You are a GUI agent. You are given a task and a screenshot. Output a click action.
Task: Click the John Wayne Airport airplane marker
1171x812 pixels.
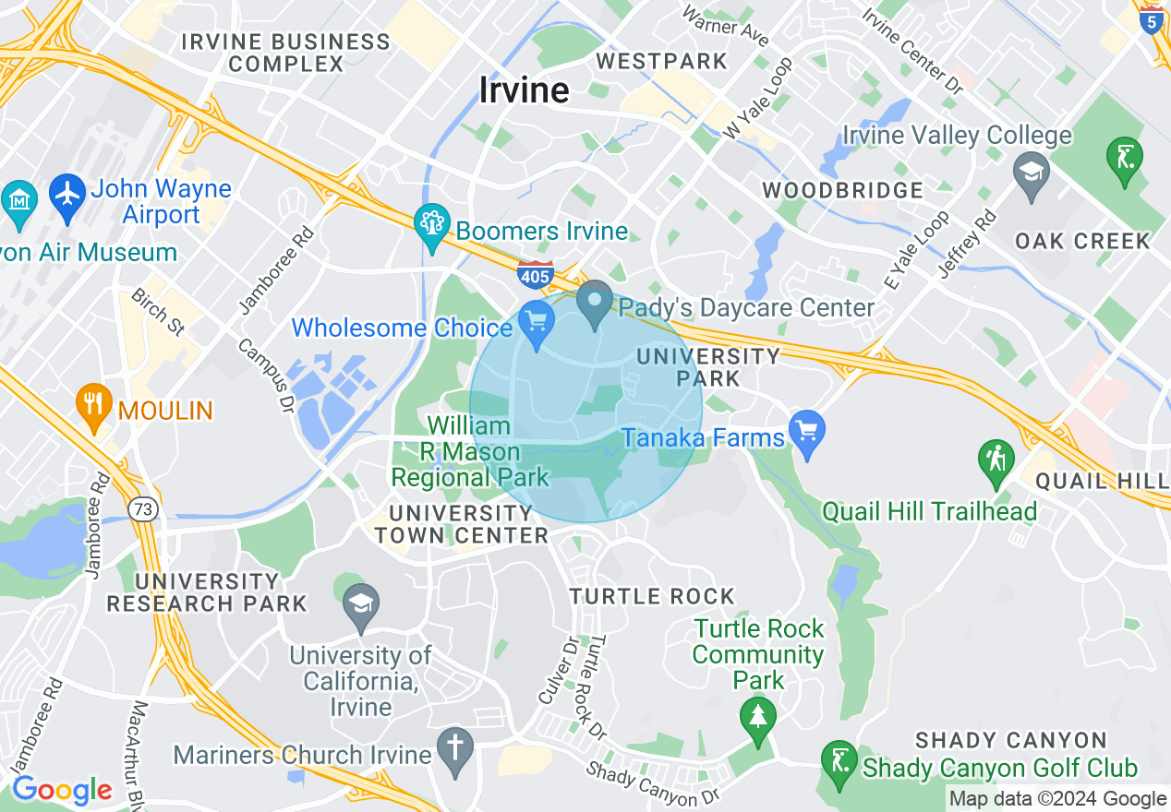coord(66,197)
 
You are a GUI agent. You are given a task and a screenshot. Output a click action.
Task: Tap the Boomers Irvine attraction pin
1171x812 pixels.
coord(431,226)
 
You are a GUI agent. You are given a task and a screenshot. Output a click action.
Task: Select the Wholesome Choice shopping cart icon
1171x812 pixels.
coord(537,322)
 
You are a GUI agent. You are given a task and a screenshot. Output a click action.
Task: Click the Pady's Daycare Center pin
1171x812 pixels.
coord(595,302)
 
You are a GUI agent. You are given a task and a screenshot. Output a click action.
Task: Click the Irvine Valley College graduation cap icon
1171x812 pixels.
coord(1031,171)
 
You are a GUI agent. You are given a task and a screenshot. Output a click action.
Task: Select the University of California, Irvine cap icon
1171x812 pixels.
coord(359,605)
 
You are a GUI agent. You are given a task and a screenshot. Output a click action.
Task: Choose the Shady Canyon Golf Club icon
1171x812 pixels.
coord(839,762)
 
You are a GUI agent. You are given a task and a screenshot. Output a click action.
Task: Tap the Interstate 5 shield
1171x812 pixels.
coord(1151,20)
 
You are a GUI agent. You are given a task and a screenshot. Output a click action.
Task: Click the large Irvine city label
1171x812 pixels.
coord(524,90)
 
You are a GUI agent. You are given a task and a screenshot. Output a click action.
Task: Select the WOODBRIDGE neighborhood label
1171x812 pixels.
coord(842,191)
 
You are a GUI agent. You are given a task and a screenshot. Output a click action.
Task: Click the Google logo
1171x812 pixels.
coord(62,790)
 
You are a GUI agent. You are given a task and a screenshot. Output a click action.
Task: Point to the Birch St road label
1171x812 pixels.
coord(158,312)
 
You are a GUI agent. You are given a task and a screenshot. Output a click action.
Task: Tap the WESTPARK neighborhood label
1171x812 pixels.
coord(661,62)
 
